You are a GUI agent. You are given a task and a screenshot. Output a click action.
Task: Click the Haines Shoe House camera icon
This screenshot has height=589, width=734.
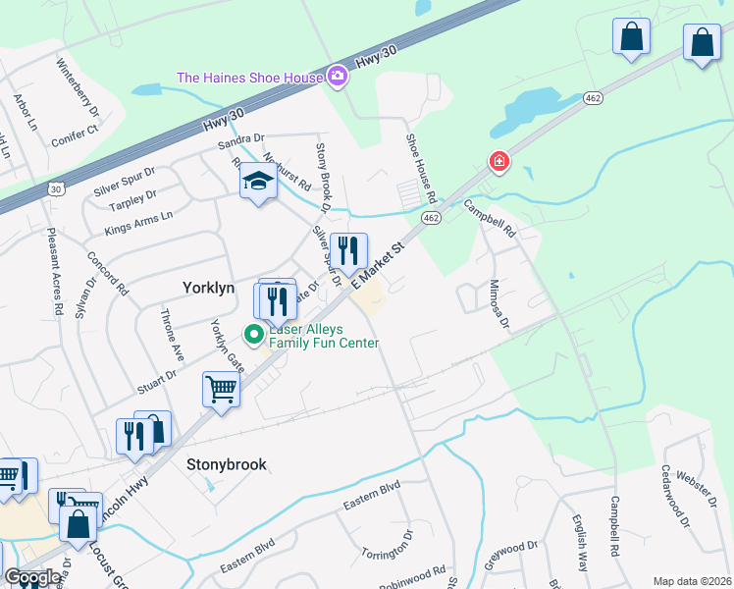[x=339, y=77]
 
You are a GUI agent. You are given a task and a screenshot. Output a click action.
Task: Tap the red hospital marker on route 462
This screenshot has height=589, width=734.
[x=499, y=161]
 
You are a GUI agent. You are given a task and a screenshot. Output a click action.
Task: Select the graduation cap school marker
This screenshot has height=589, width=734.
[x=258, y=182]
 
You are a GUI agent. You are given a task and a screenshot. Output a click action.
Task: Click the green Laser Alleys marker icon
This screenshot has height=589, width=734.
[x=254, y=335]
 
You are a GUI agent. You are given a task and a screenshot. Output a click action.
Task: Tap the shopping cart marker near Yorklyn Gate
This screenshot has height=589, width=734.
[x=222, y=390]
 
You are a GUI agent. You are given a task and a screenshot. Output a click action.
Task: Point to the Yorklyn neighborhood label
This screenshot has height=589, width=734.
[x=210, y=288]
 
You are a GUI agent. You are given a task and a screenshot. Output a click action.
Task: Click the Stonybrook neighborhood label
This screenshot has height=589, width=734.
[x=226, y=464]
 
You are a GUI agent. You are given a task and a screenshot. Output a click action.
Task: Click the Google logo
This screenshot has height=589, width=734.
[x=32, y=578]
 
